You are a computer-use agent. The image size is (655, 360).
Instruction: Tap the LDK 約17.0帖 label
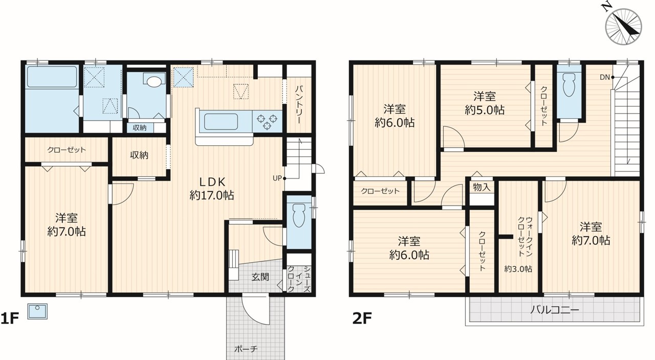pos(212,189)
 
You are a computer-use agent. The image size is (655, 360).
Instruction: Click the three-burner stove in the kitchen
pos(267,122)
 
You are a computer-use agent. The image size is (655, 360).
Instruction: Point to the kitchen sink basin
pos(221,122)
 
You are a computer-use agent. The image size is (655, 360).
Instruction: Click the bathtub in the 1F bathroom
pos(52,77)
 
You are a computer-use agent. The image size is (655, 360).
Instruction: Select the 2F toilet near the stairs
pos(569,84)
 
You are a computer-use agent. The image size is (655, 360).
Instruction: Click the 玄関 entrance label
pos(260,277)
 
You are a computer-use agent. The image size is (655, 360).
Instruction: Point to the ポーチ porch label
pos(246,349)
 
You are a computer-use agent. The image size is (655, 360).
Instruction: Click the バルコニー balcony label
pos(555,309)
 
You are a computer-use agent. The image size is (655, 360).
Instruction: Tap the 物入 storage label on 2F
pos(482,187)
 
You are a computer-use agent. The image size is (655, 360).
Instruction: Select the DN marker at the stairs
pos(605,77)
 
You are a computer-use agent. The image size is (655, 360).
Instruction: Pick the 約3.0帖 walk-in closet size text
pos(518,269)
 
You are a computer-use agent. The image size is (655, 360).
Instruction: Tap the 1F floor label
pos(10,318)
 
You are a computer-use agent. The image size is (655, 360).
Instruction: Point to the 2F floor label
pos(362,318)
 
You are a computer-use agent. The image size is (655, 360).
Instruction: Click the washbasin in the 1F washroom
pos(154,81)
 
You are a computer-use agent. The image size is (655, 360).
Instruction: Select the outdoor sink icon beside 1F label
pos(37,311)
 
